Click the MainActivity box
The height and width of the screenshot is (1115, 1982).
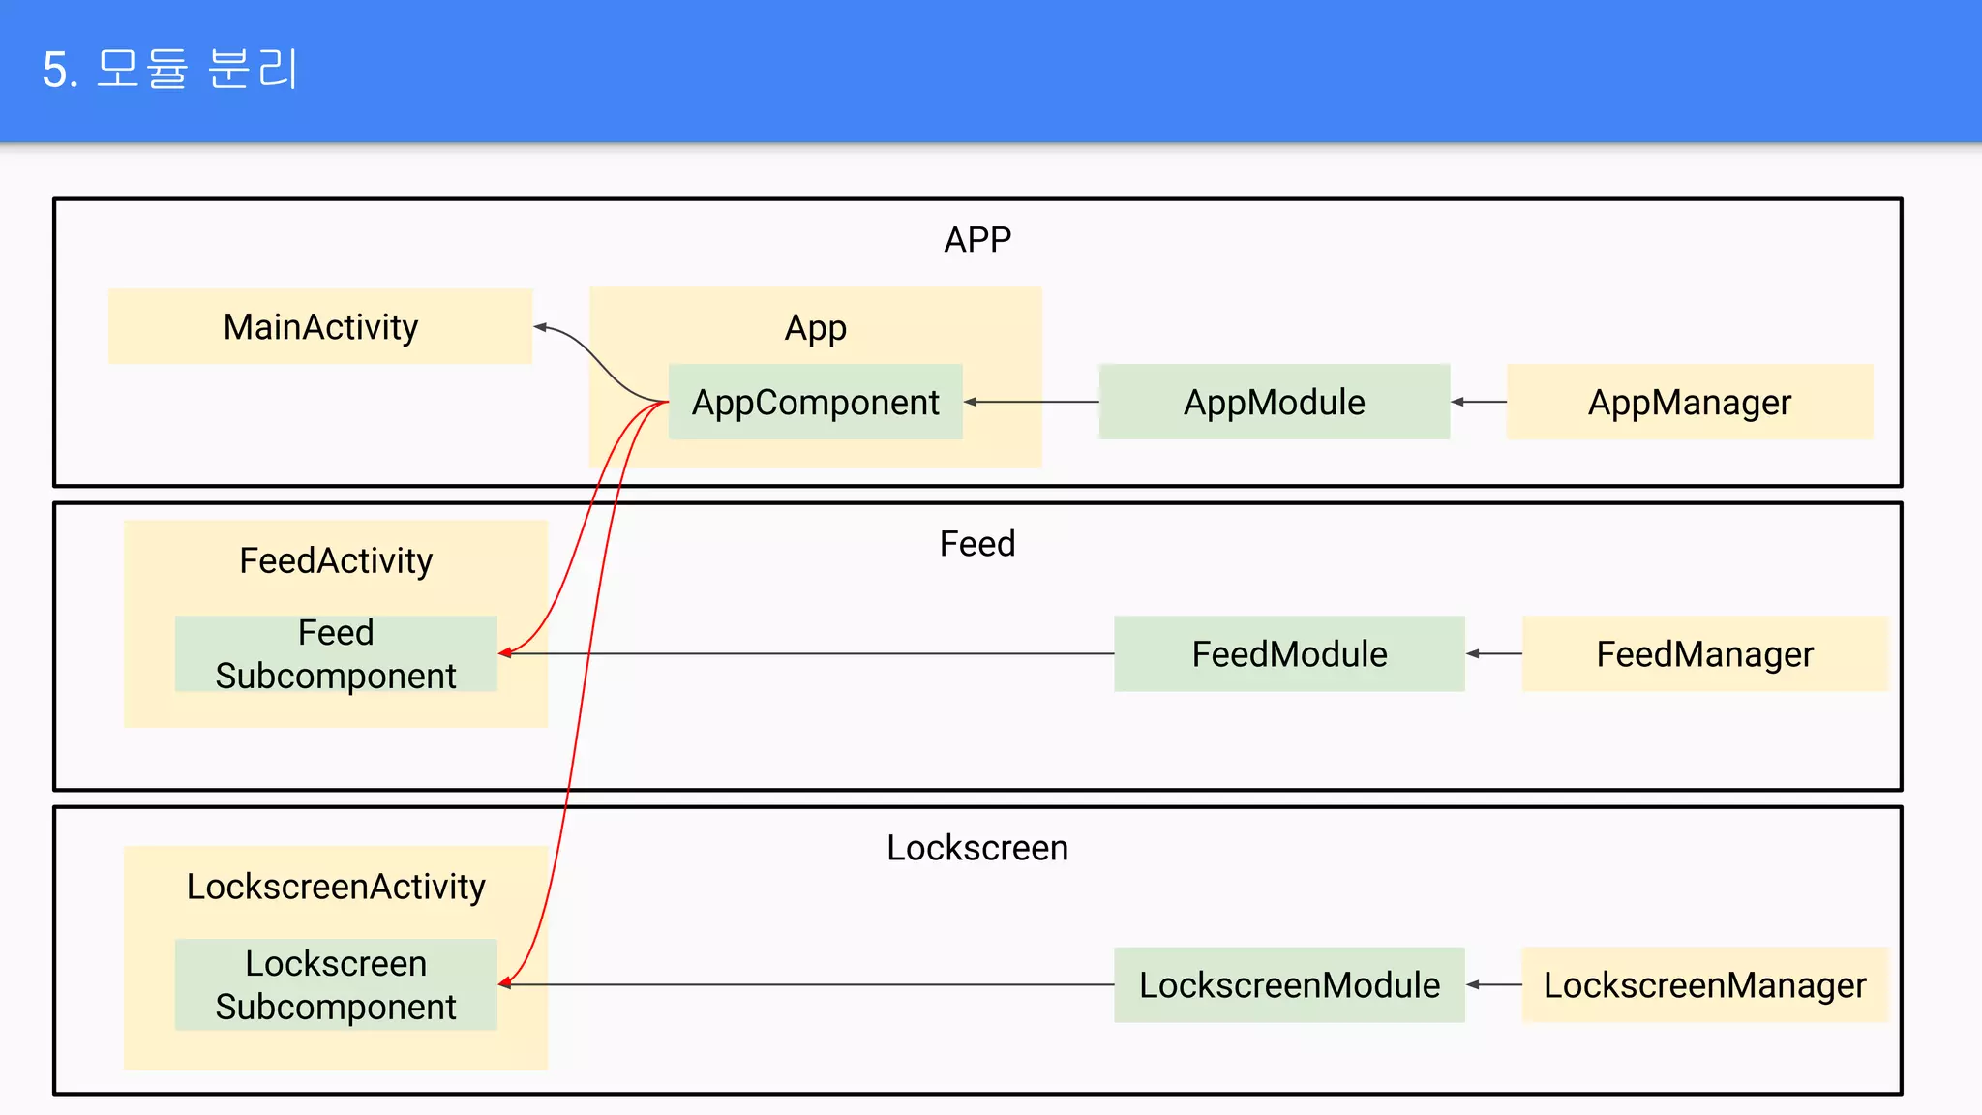[320, 327]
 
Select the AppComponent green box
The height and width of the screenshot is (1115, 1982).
[815, 402]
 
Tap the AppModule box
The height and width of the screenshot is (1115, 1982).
[1274, 402]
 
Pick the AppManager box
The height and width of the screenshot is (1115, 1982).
[1689, 402]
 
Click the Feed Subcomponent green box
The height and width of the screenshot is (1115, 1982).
[336, 654]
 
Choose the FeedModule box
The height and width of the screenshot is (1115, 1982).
[1289, 654]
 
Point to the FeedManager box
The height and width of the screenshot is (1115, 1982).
[1704, 654]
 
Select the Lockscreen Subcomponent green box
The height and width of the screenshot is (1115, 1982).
[336, 984]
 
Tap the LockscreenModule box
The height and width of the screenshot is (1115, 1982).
[1289, 985]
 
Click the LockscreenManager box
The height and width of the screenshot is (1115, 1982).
[1704, 985]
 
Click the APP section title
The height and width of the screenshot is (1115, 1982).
[977, 240]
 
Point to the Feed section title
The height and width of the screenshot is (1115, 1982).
[977, 544]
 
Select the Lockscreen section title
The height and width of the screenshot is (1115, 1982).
[977, 848]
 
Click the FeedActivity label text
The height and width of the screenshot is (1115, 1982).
[336, 561]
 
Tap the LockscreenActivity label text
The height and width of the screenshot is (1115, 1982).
[336, 887]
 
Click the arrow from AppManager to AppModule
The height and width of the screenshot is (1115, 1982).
[1479, 402]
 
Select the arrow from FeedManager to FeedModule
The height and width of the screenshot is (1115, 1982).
[1493, 654]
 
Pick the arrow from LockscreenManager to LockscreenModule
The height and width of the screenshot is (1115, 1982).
[1493, 985]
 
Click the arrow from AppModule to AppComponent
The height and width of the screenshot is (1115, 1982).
[1032, 402]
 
